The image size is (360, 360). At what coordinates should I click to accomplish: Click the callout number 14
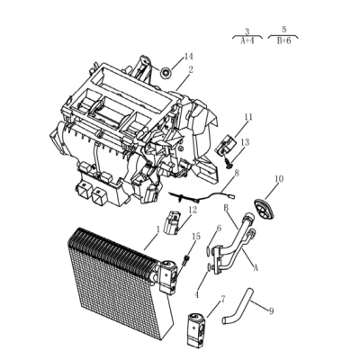coord(188,57)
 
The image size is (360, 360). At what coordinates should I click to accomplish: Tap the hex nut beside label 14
coord(166,72)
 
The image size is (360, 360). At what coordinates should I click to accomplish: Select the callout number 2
coord(191,69)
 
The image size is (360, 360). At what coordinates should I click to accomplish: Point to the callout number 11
coord(248,117)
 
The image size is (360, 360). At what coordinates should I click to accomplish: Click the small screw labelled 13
coord(228,162)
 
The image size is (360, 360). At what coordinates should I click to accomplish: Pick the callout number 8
coord(237,174)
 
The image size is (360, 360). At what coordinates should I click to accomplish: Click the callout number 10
coord(279,179)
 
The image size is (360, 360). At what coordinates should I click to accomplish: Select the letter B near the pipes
coord(226,207)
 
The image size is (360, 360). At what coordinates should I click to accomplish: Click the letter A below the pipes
coord(256,268)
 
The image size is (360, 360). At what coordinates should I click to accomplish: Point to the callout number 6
coord(219,229)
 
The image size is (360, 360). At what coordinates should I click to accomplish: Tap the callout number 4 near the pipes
coord(197,295)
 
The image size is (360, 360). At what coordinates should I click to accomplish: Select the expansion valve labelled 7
coord(197,328)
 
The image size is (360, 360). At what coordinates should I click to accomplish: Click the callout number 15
coord(196,237)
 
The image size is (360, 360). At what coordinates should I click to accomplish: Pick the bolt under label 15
coord(185,259)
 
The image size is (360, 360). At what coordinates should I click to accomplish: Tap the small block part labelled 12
coord(172,221)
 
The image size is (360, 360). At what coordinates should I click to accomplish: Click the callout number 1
coord(158,229)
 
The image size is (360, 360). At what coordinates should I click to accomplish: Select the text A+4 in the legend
coord(247,41)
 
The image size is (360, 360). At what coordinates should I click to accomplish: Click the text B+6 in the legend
coord(283,41)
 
